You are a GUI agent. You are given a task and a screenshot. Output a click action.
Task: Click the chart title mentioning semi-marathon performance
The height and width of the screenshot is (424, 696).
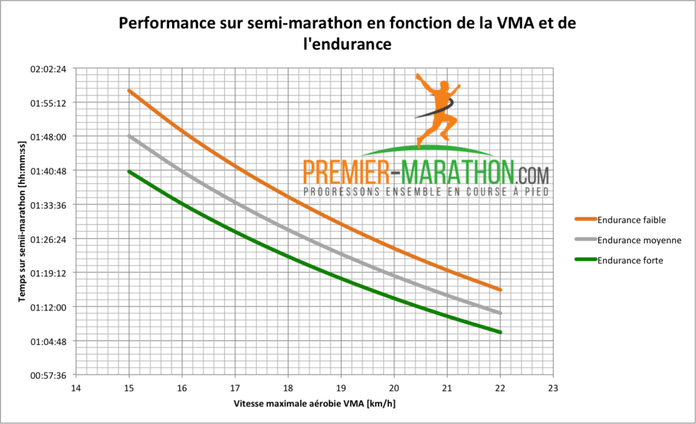(x=347, y=34)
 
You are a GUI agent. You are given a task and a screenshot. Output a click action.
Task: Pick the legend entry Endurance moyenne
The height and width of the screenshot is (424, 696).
(x=638, y=240)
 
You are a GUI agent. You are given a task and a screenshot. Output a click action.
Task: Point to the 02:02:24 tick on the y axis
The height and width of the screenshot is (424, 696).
(x=48, y=69)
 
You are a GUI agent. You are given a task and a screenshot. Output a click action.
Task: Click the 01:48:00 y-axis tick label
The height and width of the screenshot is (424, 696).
(x=48, y=137)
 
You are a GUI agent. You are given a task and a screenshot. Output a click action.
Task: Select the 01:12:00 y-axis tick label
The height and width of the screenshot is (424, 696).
(x=48, y=307)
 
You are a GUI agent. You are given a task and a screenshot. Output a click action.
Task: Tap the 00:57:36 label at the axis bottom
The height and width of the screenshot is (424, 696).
(x=48, y=375)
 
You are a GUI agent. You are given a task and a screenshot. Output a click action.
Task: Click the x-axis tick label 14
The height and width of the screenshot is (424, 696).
(x=75, y=389)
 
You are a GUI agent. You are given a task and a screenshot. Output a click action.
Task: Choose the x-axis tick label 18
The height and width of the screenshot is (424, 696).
(x=288, y=389)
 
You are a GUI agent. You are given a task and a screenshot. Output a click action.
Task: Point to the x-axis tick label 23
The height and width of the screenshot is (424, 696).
(x=553, y=389)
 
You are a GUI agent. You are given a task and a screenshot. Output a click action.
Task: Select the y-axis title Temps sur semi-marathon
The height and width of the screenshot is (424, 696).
(x=22, y=222)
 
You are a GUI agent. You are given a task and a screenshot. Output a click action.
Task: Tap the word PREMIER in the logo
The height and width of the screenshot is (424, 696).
(x=346, y=171)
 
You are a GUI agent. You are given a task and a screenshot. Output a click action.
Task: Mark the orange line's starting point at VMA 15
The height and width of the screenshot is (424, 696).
(x=128, y=90)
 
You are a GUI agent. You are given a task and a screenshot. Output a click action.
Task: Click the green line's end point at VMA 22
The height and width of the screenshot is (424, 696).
(x=500, y=332)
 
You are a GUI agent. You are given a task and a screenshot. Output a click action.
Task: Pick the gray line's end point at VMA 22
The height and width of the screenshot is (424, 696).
(x=500, y=313)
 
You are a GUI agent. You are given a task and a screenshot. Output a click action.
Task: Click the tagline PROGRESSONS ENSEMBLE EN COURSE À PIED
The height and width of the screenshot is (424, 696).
(x=425, y=192)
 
